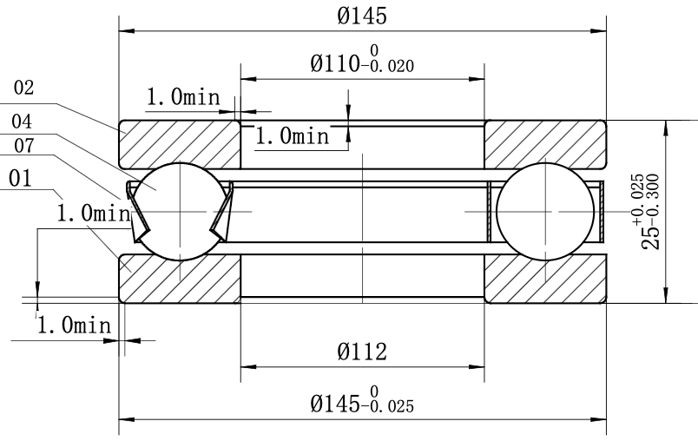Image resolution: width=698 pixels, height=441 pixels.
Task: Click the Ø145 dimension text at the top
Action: pos(362,16)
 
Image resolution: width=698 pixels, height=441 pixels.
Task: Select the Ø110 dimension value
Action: pos(335,63)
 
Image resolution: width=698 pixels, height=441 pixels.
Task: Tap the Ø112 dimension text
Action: pos(362,352)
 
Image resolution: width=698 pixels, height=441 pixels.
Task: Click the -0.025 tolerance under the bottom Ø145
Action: pos(388,406)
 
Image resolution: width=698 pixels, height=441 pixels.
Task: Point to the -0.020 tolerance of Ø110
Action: pos(388,66)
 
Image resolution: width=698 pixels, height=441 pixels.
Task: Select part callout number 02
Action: pos(23,88)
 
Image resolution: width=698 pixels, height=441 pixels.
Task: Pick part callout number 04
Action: pos(22,122)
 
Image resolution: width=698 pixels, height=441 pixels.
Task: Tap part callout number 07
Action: pos(24,146)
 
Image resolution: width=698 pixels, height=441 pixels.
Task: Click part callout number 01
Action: pos(20,179)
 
